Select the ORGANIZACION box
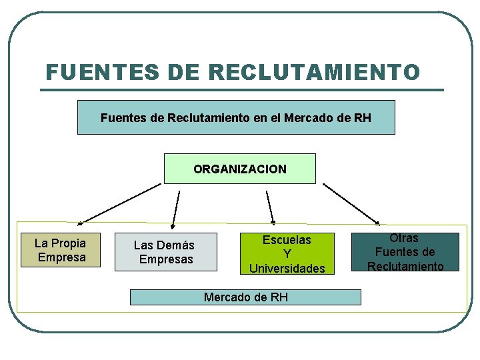[x=240, y=169]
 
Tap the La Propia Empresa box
[x=61, y=250]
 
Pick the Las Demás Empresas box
[x=166, y=252]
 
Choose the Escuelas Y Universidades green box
[x=287, y=254]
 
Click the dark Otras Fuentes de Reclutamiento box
[x=405, y=251]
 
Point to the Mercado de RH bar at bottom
[x=245, y=297]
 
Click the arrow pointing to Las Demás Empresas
[x=176, y=209]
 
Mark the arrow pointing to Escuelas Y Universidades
[x=270, y=207]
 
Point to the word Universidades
[x=287, y=268]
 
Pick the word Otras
[x=404, y=238]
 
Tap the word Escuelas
[x=287, y=240]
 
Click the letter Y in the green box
[x=287, y=254]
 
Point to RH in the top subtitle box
[x=363, y=118]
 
